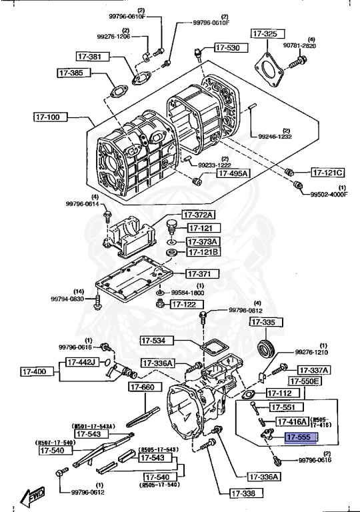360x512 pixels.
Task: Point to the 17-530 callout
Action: (x=228, y=47)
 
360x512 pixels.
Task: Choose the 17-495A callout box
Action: (x=231, y=173)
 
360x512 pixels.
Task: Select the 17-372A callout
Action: (x=201, y=215)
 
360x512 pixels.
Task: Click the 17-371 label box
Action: (x=199, y=273)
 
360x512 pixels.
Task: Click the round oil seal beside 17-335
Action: (x=266, y=347)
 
